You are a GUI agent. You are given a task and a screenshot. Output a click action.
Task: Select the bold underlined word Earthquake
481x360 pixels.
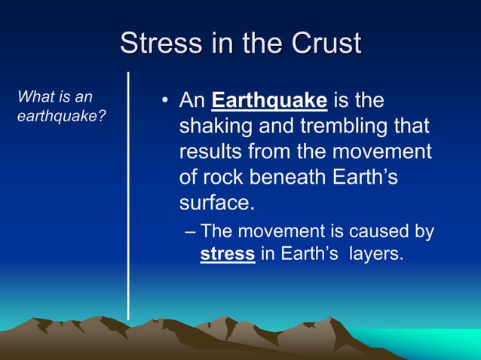pos(270,100)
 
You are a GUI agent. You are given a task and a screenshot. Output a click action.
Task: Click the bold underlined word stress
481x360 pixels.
pos(227,254)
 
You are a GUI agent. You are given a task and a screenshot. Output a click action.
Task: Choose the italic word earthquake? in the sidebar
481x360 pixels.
pos(60,117)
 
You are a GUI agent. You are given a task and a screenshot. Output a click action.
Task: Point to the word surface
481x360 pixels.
pos(215,203)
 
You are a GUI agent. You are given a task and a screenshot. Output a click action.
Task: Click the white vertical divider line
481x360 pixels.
pos(128,196)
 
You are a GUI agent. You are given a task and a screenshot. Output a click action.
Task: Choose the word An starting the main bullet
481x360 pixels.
pos(192,100)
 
